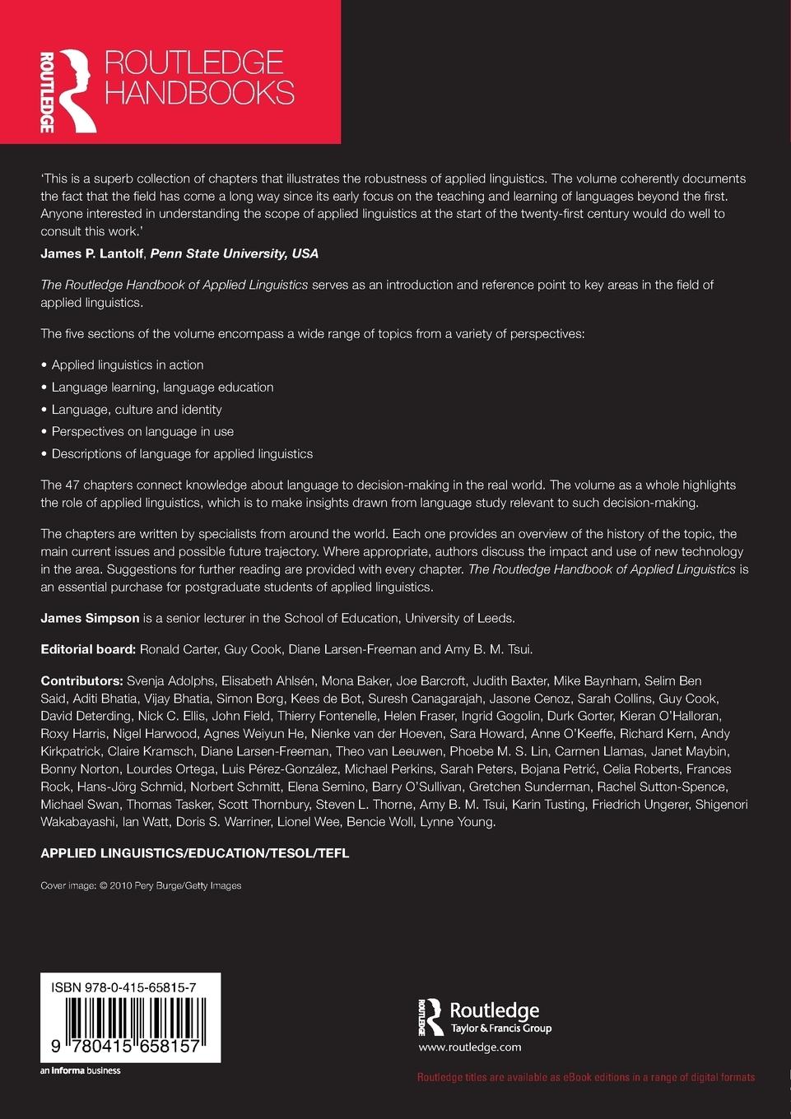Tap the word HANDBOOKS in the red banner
pyautogui.click(x=199, y=93)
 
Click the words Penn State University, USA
pyautogui.click(x=234, y=253)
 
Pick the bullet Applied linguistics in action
pyautogui.click(x=127, y=364)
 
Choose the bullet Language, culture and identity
pyautogui.click(x=136, y=409)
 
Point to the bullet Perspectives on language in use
pyautogui.click(x=142, y=431)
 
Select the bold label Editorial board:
pyautogui.click(x=88, y=649)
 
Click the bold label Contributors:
pyautogui.click(x=81, y=680)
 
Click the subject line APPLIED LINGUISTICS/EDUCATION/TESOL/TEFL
pyautogui.click(x=195, y=853)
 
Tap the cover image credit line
pyautogui.click(x=141, y=885)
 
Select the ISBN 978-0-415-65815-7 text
pyautogui.click(x=123, y=987)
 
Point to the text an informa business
pyautogui.click(x=81, y=1070)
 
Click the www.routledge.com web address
pyautogui.click(x=470, y=1047)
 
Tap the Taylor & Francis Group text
pyautogui.click(x=500, y=1028)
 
